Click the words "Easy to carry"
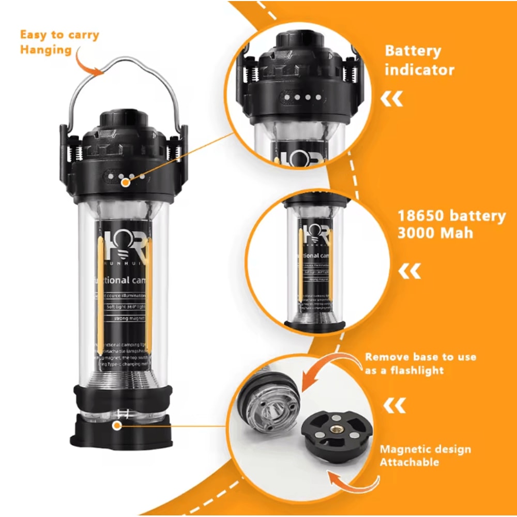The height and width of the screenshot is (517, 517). coord(59,36)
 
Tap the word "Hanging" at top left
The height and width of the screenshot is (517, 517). coord(45,50)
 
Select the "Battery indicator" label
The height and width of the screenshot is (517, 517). coord(419,60)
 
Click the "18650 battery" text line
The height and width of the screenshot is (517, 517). coord(451,216)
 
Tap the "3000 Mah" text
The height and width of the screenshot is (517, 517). coord(435,233)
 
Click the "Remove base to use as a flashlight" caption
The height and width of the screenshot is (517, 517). coord(420,363)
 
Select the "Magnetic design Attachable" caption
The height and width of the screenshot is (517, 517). coord(425,455)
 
